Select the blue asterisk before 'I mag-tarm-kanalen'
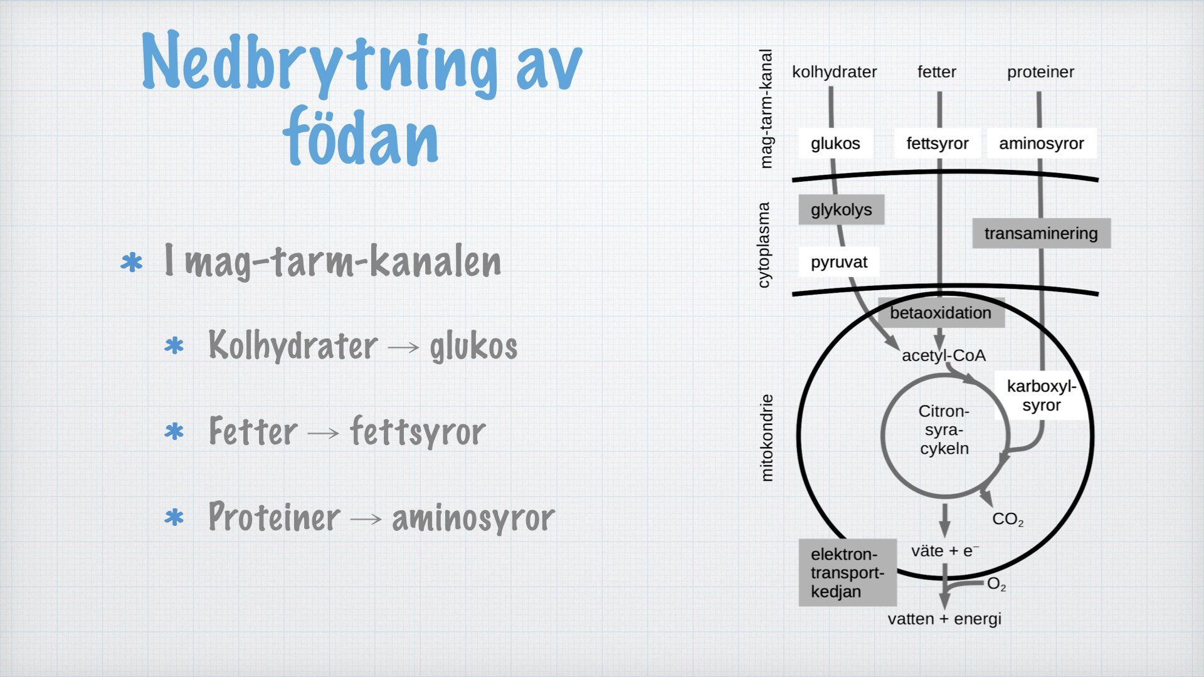pos(132,262)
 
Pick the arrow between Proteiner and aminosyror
pos(366,518)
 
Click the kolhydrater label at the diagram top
pos(834,72)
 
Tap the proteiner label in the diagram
pos(1040,73)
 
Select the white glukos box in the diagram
pos(835,144)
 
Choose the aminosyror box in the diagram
pos(1042,144)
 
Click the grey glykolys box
pos(841,209)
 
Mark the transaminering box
pos(1041,233)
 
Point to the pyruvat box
pos(838,262)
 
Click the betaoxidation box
pos(941,313)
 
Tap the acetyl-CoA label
pos(944,355)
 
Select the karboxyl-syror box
pos(1041,396)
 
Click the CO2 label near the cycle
pos(1008,520)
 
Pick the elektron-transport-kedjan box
pos(847,572)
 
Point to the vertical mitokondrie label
pos(766,438)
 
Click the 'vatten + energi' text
pos(944,619)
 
